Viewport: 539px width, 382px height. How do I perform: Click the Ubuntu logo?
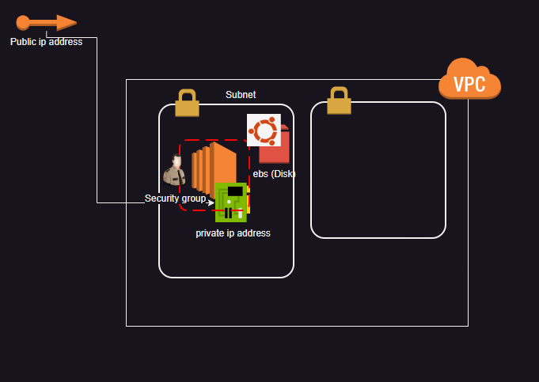[264, 130]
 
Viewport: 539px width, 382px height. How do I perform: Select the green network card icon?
[230, 202]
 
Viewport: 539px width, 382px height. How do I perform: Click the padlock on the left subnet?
[187, 103]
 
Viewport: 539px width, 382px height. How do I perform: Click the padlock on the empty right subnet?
[339, 100]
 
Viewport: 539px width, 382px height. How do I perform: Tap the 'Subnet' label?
[241, 95]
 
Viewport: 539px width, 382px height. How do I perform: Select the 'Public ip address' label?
[46, 42]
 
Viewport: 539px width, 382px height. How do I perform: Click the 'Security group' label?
[175, 199]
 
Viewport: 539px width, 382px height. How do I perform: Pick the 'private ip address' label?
[233, 233]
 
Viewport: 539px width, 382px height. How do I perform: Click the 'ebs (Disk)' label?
[274, 174]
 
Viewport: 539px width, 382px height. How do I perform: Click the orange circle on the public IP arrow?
[22, 22]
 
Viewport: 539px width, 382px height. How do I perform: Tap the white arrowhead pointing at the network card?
[211, 202]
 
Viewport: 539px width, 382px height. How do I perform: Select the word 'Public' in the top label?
[23, 42]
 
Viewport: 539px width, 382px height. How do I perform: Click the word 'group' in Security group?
[194, 199]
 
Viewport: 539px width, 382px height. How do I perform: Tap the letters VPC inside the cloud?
[469, 85]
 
